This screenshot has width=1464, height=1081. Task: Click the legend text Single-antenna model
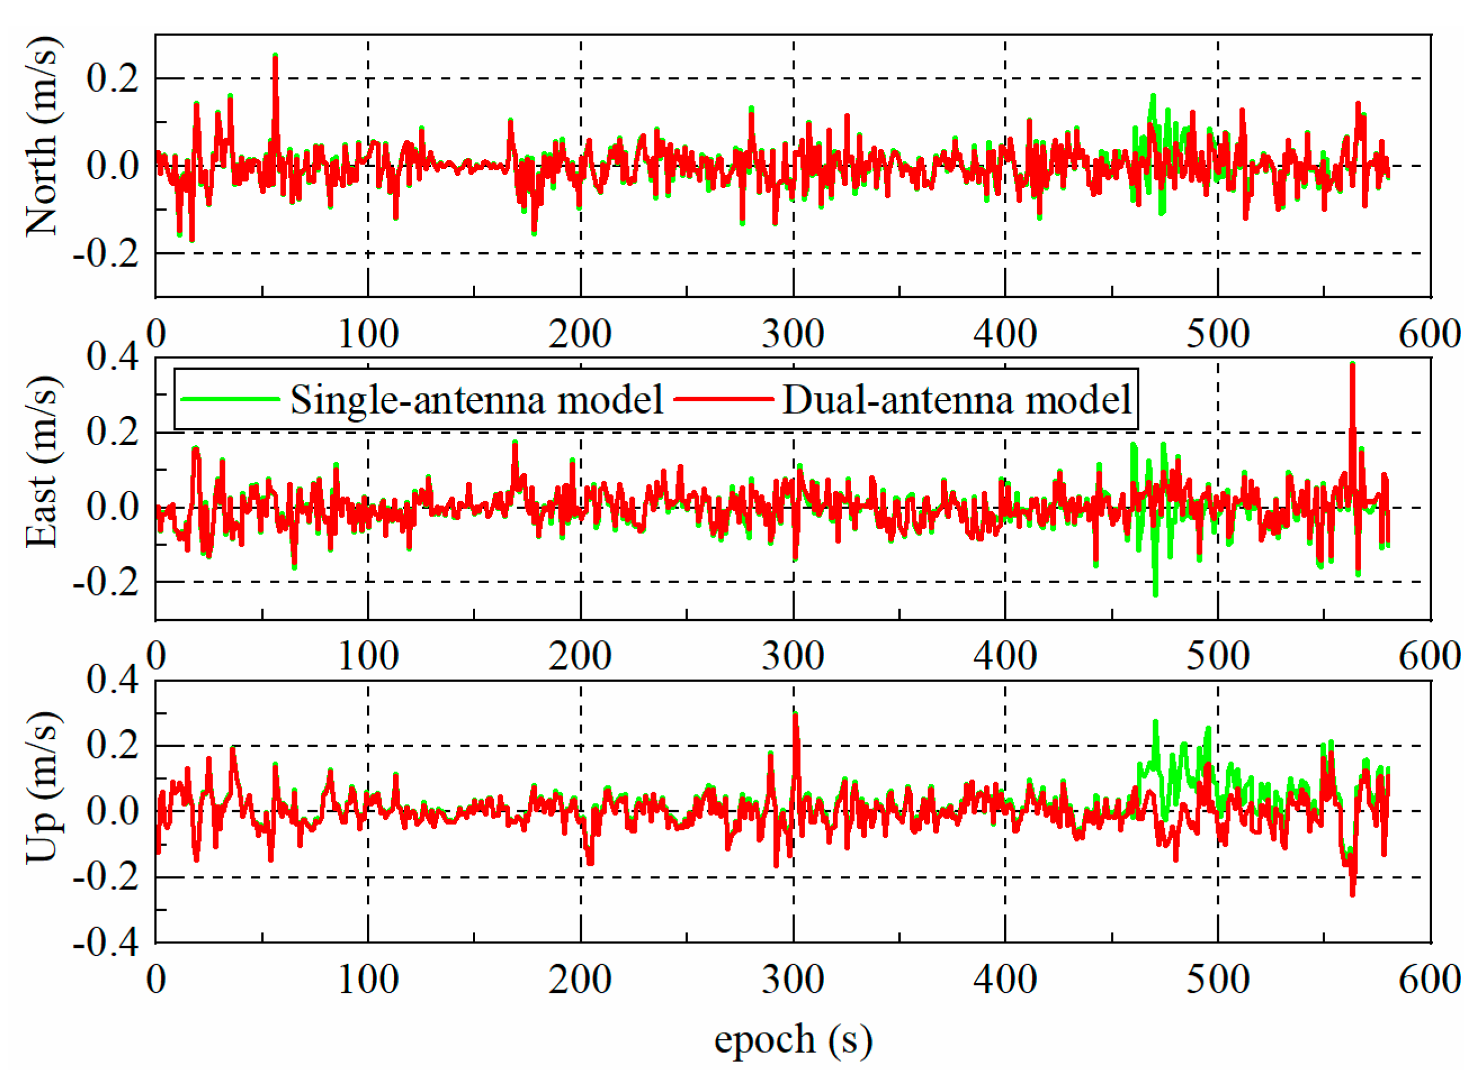pyautogui.click(x=476, y=400)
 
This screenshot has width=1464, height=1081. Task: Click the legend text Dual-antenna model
pyautogui.click(x=956, y=400)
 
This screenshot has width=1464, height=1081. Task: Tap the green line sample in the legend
pyautogui.click(x=231, y=398)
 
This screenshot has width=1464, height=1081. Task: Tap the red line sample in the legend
pyautogui.click(x=724, y=398)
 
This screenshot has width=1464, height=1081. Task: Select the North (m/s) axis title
pyautogui.click(x=42, y=137)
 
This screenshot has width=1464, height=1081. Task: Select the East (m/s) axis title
pyautogui.click(x=42, y=462)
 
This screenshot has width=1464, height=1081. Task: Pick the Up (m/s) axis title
pyautogui.click(x=42, y=787)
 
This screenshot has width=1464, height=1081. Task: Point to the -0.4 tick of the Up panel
pyautogui.click(x=107, y=943)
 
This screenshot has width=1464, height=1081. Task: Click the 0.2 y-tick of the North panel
pyautogui.click(x=112, y=78)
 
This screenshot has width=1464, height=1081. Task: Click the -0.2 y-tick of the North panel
pyautogui.click(x=107, y=253)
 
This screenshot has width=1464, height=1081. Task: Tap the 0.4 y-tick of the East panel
pyautogui.click(x=112, y=357)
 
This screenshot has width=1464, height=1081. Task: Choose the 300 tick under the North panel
pyautogui.click(x=793, y=334)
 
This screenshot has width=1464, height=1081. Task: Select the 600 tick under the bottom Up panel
pyautogui.click(x=1429, y=979)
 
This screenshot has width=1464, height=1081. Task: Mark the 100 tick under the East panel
pyautogui.click(x=368, y=656)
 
